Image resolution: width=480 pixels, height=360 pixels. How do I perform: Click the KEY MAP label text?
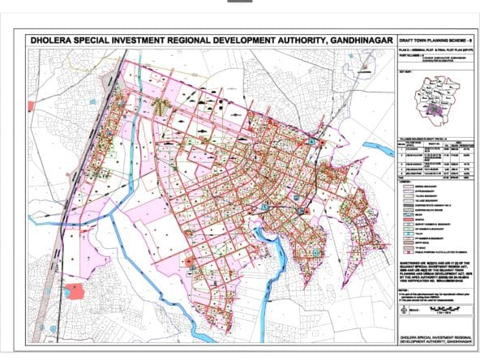pos(405,71)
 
